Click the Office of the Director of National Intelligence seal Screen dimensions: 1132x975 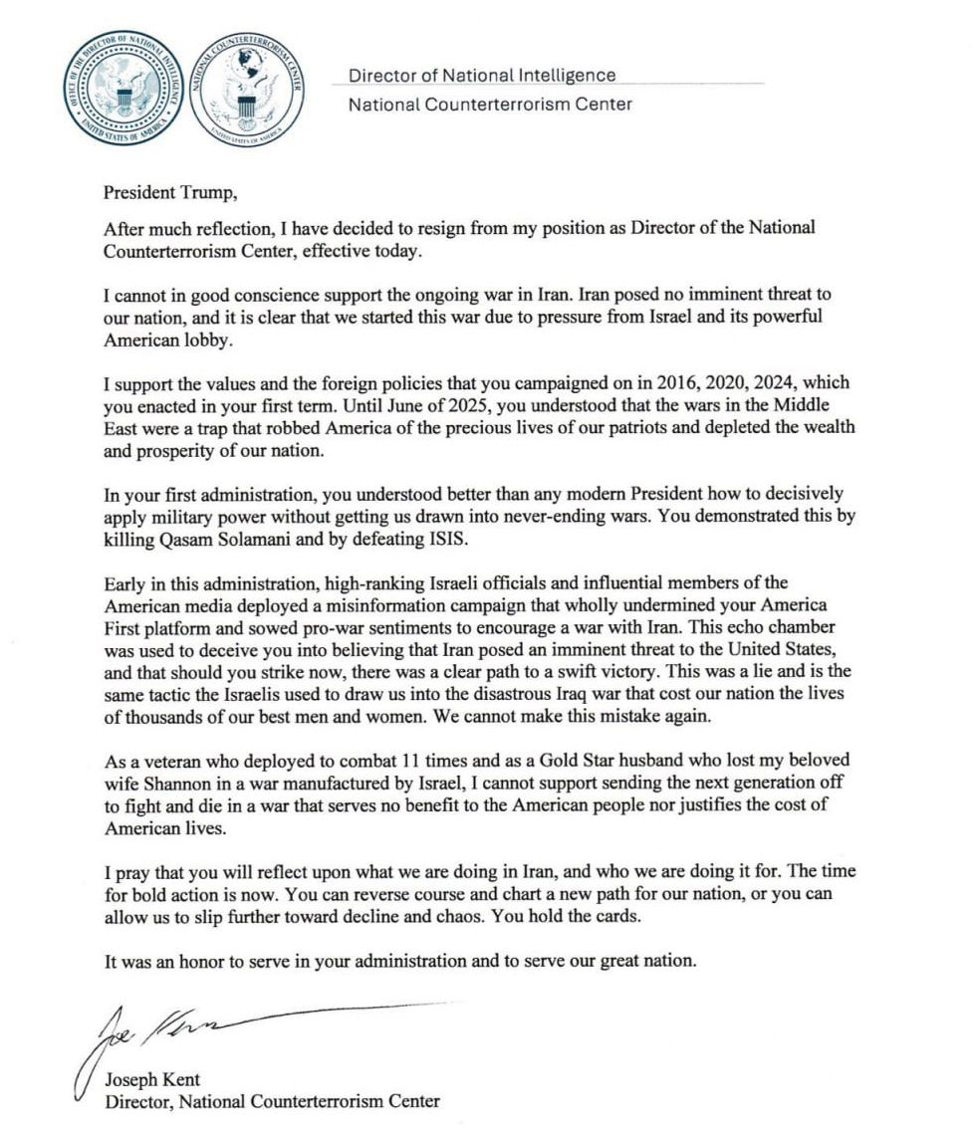coord(123,90)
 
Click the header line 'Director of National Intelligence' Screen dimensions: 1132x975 coord(482,76)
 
